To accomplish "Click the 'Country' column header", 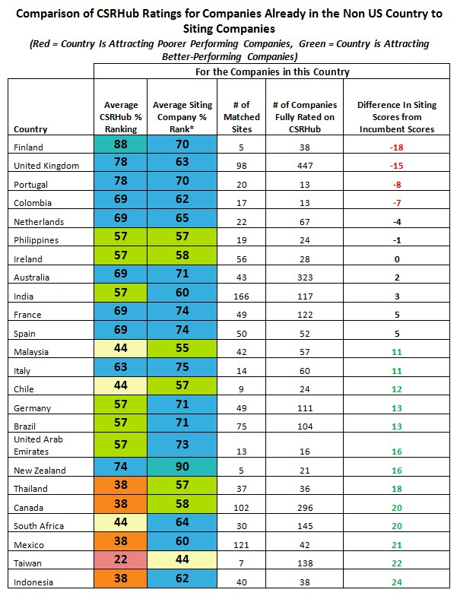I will (x=30, y=129).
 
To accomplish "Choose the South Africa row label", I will (x=37, y=526).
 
